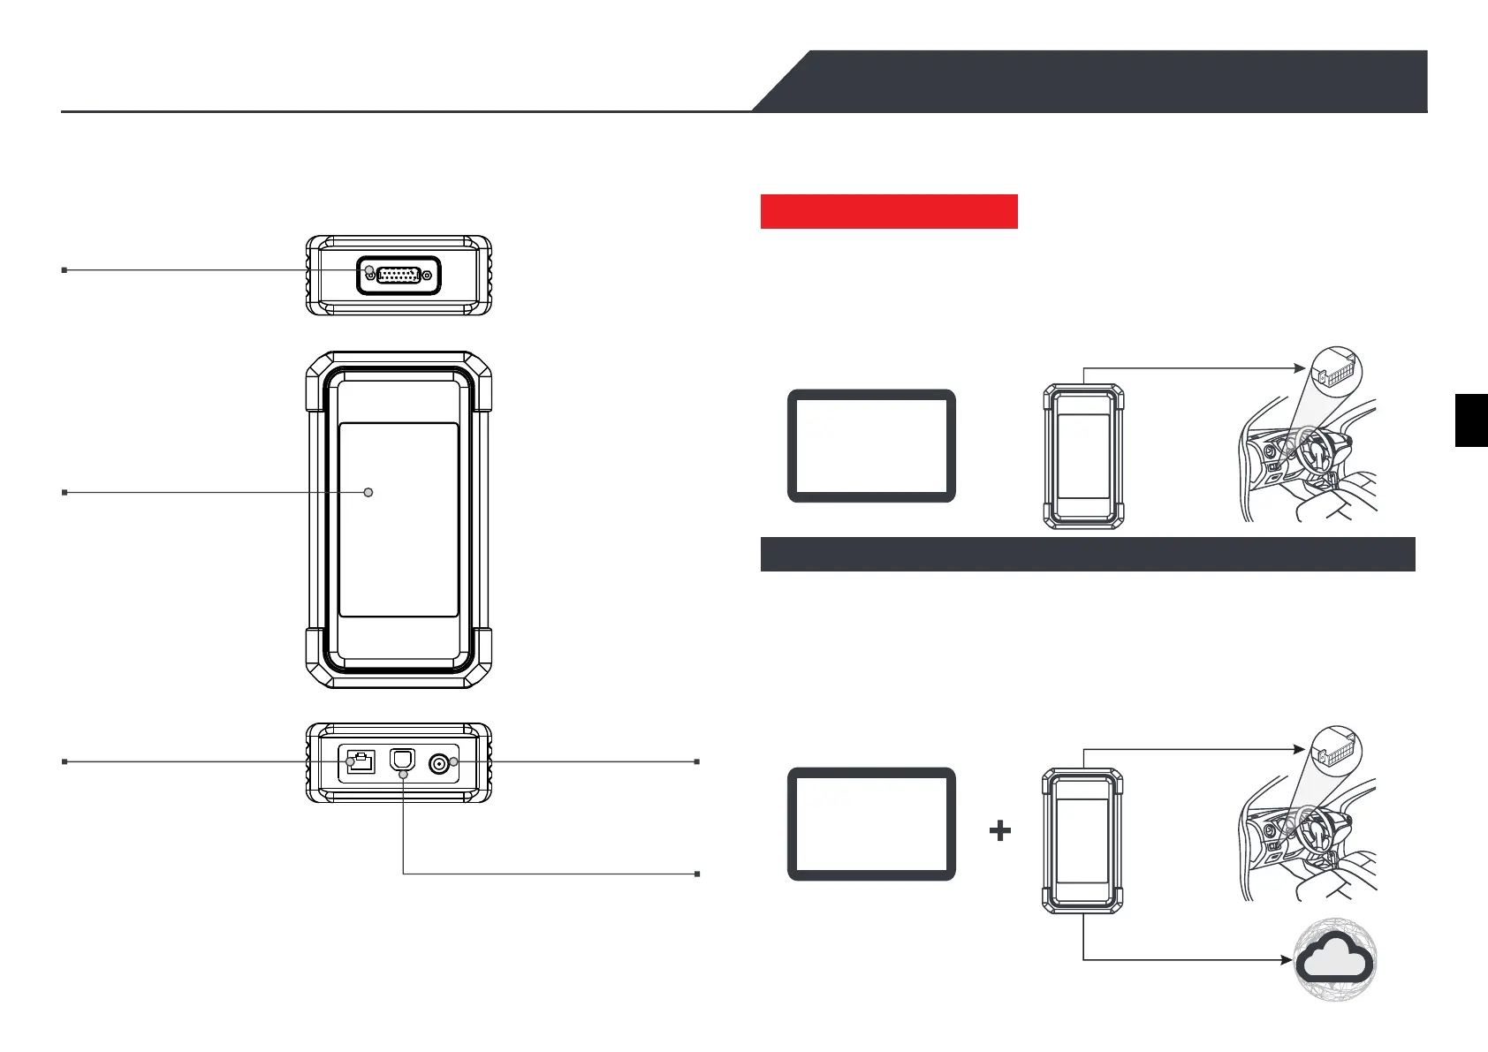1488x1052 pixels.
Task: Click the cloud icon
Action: [1336, 959]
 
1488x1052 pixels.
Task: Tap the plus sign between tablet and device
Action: [1000, 830]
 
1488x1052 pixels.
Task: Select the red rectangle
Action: [889, 211]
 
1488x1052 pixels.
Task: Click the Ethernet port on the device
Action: [361, 761]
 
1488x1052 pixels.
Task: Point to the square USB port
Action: [403, 760]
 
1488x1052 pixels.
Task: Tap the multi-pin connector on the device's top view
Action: [399, 275]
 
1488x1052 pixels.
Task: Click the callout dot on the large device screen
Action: [368, 492]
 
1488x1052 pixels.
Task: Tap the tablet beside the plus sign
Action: [871, 823]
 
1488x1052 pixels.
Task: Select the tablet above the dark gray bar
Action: [871, 446]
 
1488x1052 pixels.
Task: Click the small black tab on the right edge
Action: [1471, 420]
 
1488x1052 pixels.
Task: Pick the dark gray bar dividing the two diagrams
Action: [1087, 554]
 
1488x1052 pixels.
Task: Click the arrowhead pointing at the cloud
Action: [1287, 959]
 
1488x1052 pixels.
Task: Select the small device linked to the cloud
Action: [1082, 840]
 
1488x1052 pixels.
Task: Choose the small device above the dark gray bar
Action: [1083, 456]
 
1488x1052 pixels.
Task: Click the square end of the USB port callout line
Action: [697, 874]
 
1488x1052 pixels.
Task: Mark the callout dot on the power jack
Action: [454, 761]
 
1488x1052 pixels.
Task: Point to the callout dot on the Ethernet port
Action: [351, 761]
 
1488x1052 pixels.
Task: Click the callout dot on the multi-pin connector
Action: [369, 269]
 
